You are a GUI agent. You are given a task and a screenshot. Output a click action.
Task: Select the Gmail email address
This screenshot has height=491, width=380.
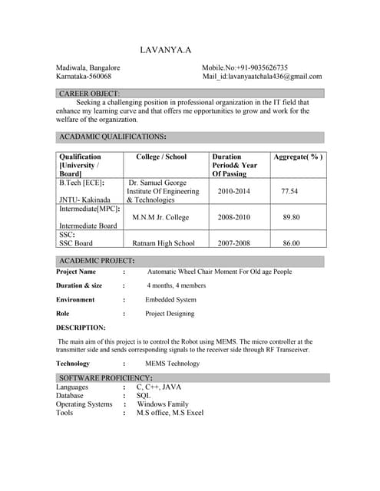click(262, 77)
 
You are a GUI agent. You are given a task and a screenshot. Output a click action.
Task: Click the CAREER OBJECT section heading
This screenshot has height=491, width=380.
click(89, 94)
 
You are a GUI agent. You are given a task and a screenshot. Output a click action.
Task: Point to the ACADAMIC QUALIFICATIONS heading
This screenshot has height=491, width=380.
click(112, 137)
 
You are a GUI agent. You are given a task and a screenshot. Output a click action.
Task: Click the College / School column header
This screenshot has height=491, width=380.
click(161, 157)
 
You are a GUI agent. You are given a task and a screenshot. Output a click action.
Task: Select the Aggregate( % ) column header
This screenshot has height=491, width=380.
click(298, 157)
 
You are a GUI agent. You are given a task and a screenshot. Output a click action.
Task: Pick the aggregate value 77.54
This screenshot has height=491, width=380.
click(289, 191)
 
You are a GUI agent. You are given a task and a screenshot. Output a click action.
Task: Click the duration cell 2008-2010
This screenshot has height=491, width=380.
click(233, 217)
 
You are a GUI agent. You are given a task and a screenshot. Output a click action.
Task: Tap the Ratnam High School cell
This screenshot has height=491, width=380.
click(164, 243)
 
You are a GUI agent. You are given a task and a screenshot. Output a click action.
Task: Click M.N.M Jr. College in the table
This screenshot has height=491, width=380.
click(160, 217)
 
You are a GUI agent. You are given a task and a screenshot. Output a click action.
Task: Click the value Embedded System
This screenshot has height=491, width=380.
click(170, 299)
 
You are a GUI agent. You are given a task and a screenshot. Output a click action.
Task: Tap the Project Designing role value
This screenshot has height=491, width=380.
click(170, 313)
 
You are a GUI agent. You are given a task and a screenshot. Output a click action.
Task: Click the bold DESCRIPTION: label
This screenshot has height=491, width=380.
click(81, 328)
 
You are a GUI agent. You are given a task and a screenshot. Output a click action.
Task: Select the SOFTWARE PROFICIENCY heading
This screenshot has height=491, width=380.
click(105, 378)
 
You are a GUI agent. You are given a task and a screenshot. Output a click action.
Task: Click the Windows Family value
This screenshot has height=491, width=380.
click(162, 404)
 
